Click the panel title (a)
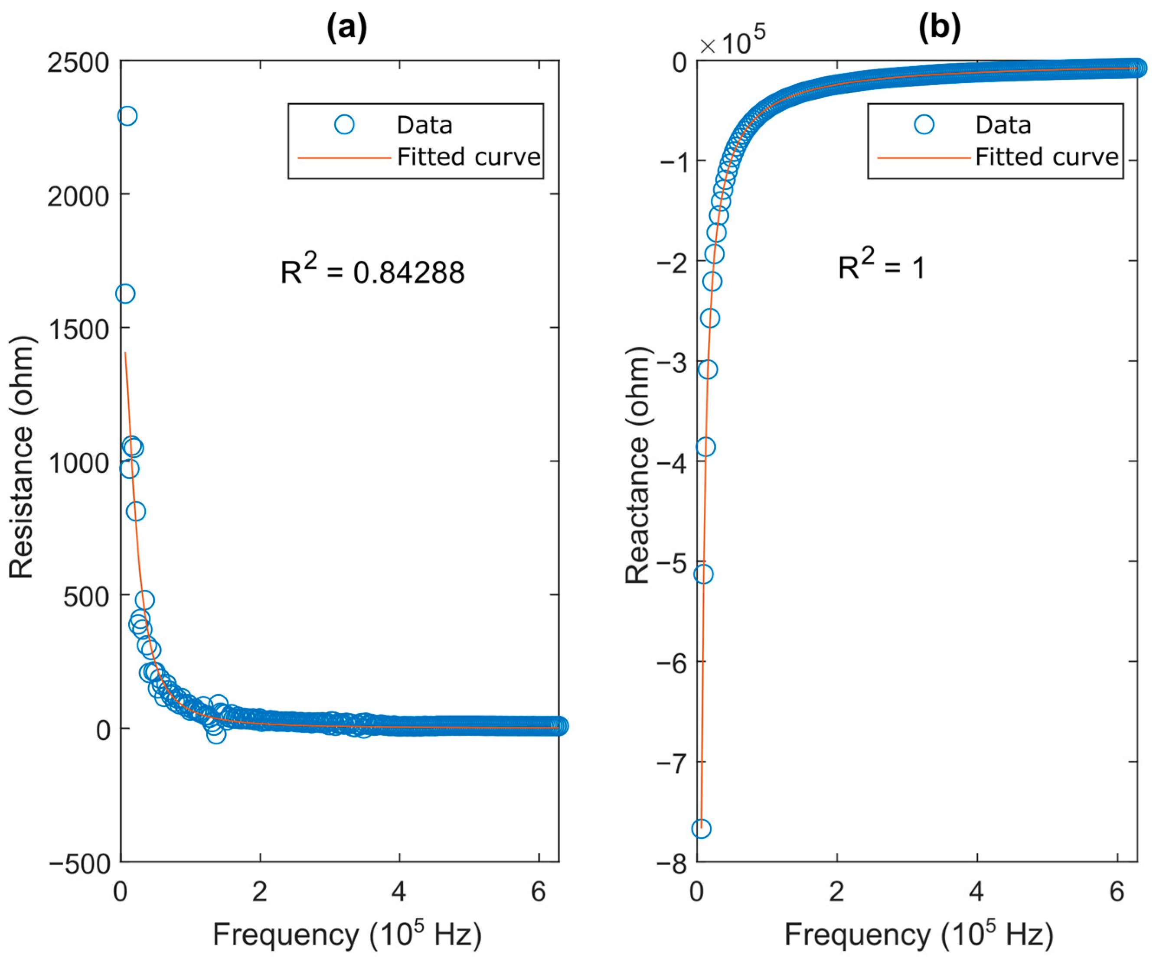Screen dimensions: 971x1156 point(346,28)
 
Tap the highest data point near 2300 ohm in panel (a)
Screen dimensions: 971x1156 point(127,116)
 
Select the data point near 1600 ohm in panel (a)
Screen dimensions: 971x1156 point(125,294)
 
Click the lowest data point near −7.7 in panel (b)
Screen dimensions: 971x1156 point(701,829)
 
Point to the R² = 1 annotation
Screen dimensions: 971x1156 point(881,266)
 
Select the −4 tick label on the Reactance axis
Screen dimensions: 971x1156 point(671,462)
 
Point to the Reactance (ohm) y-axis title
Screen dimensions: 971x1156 point(638,465)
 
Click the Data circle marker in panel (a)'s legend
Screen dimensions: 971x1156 point(344,125)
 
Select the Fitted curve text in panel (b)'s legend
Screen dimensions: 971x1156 point(1046,157)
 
